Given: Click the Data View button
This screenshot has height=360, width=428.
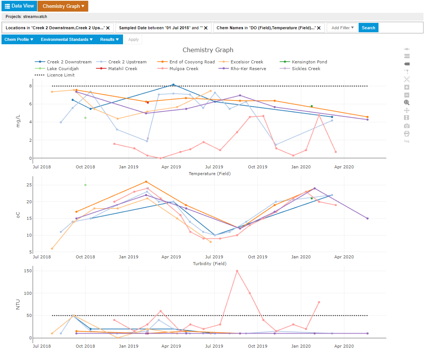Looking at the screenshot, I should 19,6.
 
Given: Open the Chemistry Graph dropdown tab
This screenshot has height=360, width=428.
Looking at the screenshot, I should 63,6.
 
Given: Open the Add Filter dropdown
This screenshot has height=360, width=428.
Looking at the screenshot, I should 342,28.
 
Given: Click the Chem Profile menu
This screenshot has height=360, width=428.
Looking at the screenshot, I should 19,39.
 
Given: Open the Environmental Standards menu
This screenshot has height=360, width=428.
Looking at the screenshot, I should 67,39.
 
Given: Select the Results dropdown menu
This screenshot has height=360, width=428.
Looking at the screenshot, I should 109,39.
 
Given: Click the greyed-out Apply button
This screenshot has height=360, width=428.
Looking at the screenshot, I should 133,39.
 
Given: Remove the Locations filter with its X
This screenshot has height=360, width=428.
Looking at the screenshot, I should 108,28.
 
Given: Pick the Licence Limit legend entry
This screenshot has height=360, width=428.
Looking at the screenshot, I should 60,75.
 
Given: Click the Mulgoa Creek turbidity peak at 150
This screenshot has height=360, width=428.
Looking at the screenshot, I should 237,271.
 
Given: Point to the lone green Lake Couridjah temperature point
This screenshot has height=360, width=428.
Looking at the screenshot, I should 86,185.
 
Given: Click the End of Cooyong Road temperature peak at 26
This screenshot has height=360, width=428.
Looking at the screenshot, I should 146,182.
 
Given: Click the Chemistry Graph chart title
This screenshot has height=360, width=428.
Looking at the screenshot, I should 208,50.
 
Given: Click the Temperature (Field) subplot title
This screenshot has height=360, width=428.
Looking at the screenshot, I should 209,174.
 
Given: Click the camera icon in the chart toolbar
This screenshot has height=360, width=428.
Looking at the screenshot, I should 407,126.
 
